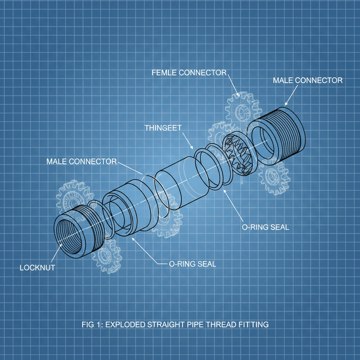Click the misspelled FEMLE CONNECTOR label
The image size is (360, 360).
click(189, 73)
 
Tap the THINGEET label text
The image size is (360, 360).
click(163, 128)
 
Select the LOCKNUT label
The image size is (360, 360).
click(37, 268)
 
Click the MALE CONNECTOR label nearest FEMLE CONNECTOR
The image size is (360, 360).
click(308, 81)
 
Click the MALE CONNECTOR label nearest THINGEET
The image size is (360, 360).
click(81, 161)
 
